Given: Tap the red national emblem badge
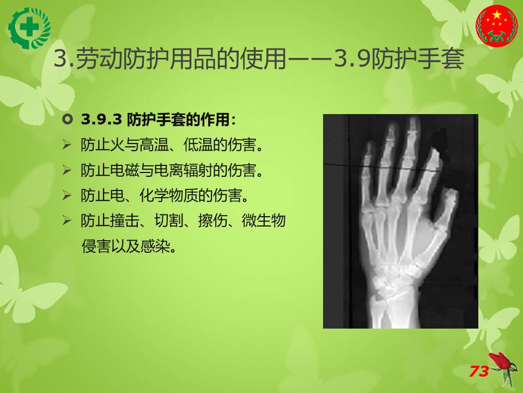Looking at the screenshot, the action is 497,26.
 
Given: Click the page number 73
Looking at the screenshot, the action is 479,371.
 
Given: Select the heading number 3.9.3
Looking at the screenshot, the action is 101,120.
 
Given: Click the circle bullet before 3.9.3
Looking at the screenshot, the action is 68,120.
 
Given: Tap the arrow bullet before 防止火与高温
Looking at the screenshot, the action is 66,145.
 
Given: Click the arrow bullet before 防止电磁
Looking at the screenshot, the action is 66,170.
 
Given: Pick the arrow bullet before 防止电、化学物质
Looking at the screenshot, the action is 66,195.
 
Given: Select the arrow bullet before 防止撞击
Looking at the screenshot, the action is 66,221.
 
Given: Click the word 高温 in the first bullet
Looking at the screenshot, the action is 154,145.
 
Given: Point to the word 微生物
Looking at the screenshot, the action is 264,221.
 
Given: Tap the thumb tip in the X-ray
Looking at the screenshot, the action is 451,193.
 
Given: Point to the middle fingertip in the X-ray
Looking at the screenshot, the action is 414,121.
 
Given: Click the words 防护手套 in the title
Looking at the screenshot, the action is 418,59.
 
